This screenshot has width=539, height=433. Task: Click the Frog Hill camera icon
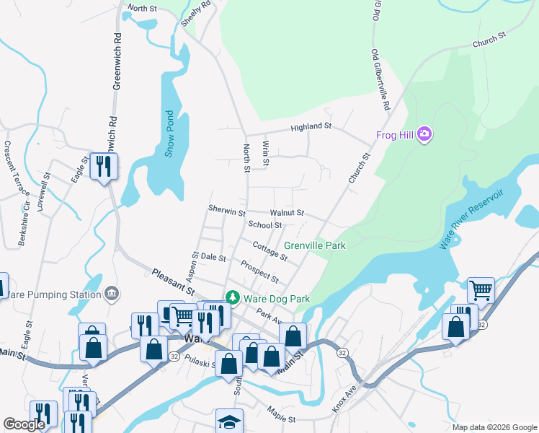pyautogui.click(x=424, y=133)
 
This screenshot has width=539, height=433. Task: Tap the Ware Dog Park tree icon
pyautogui.click(x=233, y=297)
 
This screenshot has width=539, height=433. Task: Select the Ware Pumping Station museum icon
pyautogui.click(x=112, y=293)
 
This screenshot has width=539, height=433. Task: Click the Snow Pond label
pyautogui.click(x=169, y=133)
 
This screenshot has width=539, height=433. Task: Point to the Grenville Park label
pyautogui.click(x=315, y=246)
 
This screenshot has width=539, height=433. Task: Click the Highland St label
pyautogui.click(x=311, y=127)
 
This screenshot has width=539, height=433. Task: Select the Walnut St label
pyautogui.click(x=287, y=214)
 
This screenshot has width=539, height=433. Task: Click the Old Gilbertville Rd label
pyautogui.click(x=380, y=80)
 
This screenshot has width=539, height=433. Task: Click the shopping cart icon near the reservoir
pyautogui.click(x=481, y=290)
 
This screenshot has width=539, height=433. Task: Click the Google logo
pyautogui.click(x=24, y=425)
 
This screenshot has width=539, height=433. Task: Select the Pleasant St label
pyautogui.click(x=172, y=282)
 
